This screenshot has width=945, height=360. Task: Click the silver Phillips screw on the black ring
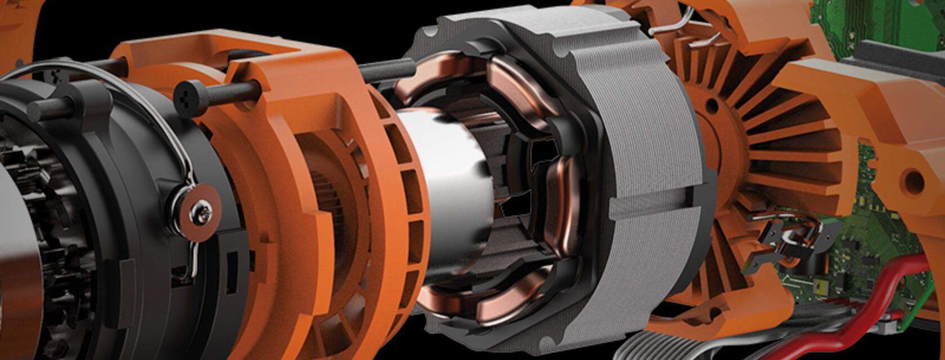click(x=200, y=213)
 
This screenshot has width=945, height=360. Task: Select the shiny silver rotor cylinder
click(x=444, y=186)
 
